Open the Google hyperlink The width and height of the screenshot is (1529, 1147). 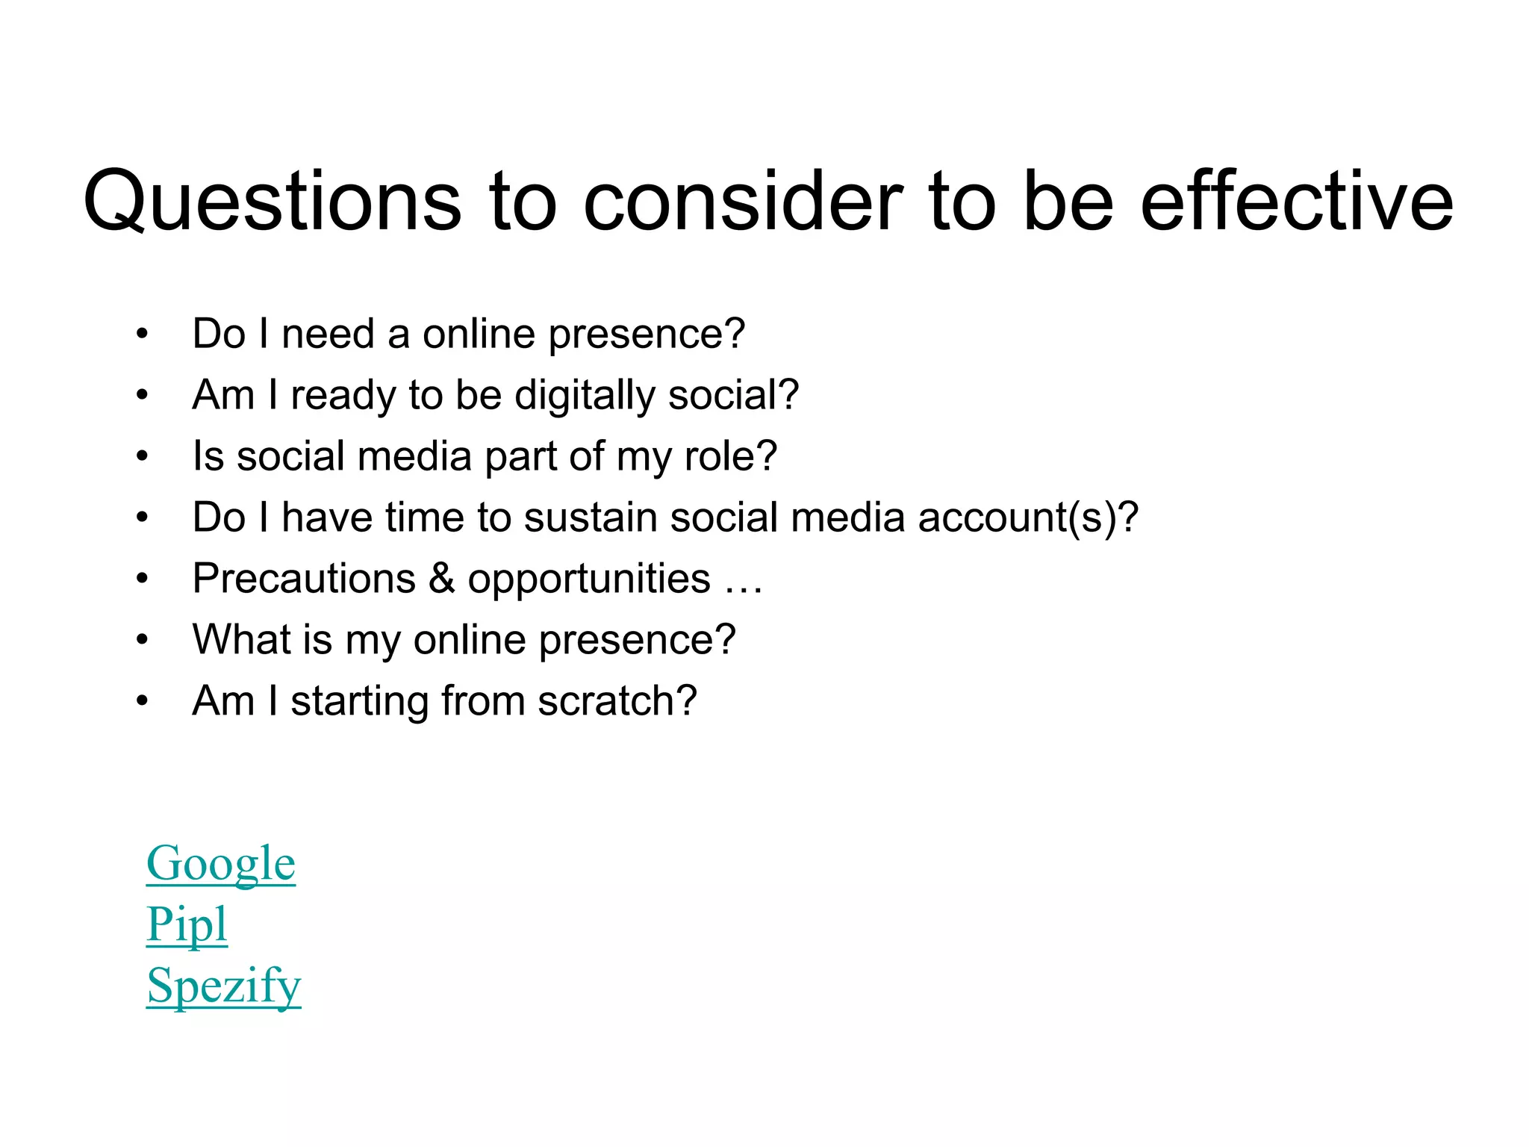click(x=221, y=864)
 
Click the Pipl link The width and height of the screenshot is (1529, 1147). click(x=187, y=924)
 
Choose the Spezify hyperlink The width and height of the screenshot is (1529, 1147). click(x=223, y=986)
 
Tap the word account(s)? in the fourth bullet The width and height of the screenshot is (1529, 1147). click(x=1028, y=517)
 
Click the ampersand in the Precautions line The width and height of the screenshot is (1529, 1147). click(x=442, y=579)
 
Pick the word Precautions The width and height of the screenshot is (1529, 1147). click(x=304, y=579)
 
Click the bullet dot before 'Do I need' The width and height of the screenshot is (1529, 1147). click(x=143, y=335)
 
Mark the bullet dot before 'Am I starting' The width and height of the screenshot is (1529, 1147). click(x=143, y=702)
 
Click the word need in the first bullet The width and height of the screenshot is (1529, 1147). click(x=328, y=334)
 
